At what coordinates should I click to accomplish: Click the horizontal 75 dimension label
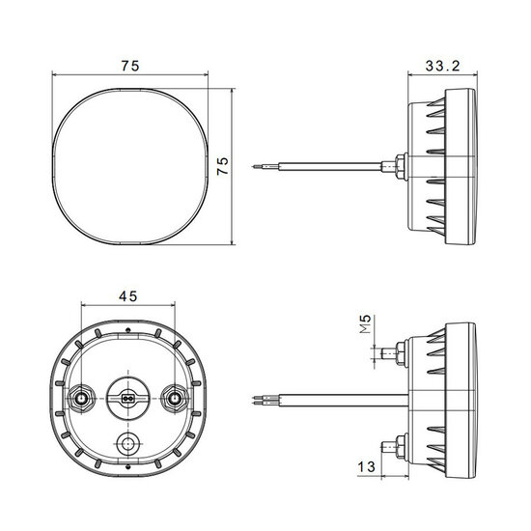130,66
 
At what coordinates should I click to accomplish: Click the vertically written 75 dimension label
223,166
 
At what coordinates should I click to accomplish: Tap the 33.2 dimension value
442,66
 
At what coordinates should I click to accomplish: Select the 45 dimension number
128,296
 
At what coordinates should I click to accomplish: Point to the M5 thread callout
365,324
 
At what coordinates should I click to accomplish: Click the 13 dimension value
367,467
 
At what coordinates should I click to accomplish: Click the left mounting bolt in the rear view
81,399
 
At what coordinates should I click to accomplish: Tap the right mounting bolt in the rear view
175,399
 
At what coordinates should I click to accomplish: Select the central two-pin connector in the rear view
127,399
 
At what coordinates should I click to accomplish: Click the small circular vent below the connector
127,443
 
